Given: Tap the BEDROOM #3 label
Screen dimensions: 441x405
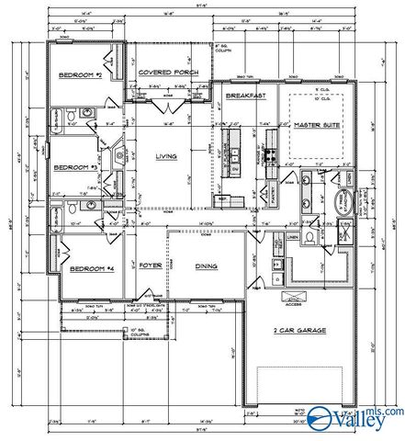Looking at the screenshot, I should click(73, 168).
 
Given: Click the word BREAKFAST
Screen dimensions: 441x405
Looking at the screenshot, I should click(246, 96).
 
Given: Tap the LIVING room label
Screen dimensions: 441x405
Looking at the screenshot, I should click(165, 156).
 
